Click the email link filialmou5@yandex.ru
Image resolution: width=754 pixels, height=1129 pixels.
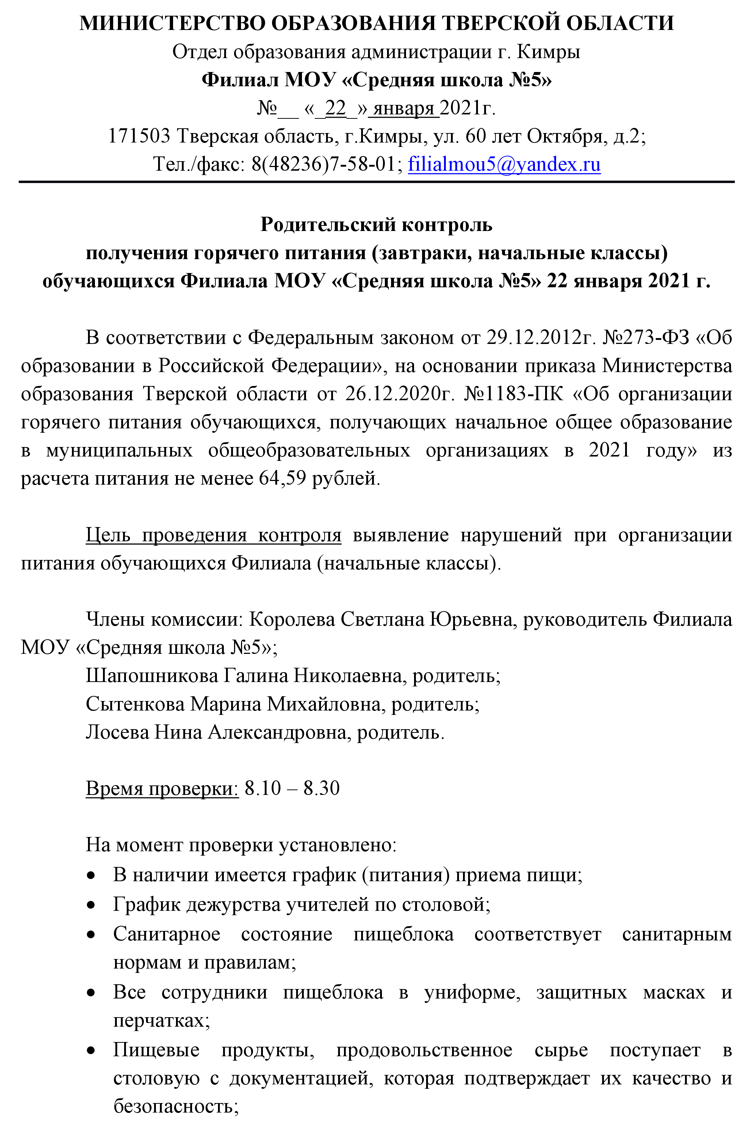(x=504, y=164)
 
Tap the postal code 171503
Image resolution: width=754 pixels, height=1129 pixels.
(x=138, y=136)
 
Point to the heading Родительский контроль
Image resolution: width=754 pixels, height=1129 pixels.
(x=376, y=224)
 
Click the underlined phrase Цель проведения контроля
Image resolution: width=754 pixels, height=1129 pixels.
(x=214, y=535)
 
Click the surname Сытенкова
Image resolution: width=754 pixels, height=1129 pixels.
(x=135, y=704)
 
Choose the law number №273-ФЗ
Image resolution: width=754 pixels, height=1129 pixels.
(x=646, y=338)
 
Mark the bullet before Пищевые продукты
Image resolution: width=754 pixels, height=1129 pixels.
(x=91, y=1050)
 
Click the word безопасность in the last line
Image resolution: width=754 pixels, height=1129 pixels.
(x=176, y=1106)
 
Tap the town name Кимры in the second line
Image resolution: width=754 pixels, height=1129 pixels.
(x=548, y=52)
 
